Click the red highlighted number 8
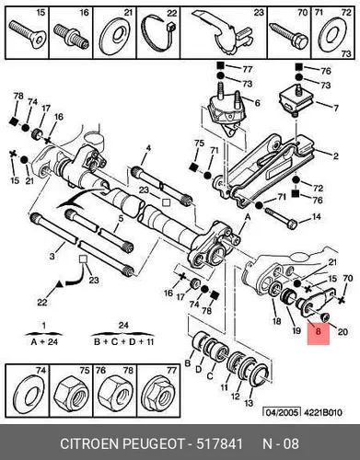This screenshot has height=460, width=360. click(x=318, y=331)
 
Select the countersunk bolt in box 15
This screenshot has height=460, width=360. click(x=27, y=34)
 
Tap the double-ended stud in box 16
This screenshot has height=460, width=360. click(x=71, y=36)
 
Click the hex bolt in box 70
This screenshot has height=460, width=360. click(x=288, y=35)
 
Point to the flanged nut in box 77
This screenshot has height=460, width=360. click(x=158, y=394)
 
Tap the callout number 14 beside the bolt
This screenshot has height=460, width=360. click(x=316, y=217)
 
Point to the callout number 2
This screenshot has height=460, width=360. click(x=335, y=156)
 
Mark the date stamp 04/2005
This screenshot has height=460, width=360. click(x=281, y=412)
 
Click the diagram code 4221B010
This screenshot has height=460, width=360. click(x=322, y=413)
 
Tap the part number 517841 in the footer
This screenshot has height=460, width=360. click(x=219, y=443)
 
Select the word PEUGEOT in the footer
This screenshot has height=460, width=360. click(x=154, y=443)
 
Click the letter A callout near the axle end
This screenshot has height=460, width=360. click(x=248, y=218)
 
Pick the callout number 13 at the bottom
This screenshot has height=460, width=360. click(x=249, y=402)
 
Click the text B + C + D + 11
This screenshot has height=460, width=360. click(x=123, y=341)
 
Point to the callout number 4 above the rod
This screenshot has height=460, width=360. click(x=148, y=148)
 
